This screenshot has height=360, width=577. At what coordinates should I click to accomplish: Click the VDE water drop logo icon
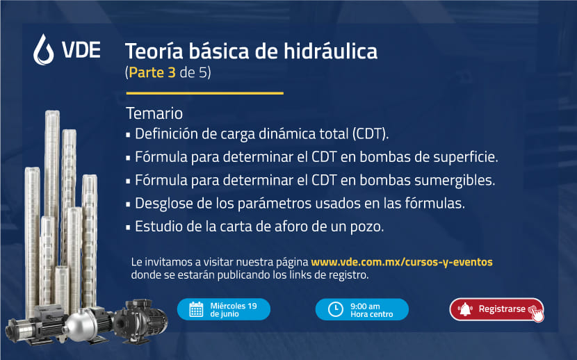coord(43,49)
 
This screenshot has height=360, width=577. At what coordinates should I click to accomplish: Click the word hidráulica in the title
coord(330,51)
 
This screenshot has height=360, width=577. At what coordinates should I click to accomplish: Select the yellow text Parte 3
coord(152,72)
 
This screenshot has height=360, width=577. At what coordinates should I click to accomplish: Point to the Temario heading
coord(154,113)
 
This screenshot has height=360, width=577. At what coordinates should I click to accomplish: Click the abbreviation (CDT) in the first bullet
coord(371,134)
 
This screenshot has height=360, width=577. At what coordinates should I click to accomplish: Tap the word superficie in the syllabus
coord(466,157)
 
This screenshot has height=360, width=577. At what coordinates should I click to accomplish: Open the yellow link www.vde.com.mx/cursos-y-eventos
coord(402,262)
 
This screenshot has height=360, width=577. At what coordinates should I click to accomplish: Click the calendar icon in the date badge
coord(196,309)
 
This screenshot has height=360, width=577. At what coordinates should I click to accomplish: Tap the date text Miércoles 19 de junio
coord(234,310)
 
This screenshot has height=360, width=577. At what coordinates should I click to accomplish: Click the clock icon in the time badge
coord(335,309)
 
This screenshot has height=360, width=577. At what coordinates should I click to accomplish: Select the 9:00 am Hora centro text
coord(372,310)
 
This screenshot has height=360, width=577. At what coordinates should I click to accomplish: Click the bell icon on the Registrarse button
coord(465,309)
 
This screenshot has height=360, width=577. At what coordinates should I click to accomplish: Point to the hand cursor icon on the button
coord(537,313)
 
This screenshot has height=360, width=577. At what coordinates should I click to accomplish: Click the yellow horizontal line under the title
coord(204,93)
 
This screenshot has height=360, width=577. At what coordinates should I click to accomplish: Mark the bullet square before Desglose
coord(128,204)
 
